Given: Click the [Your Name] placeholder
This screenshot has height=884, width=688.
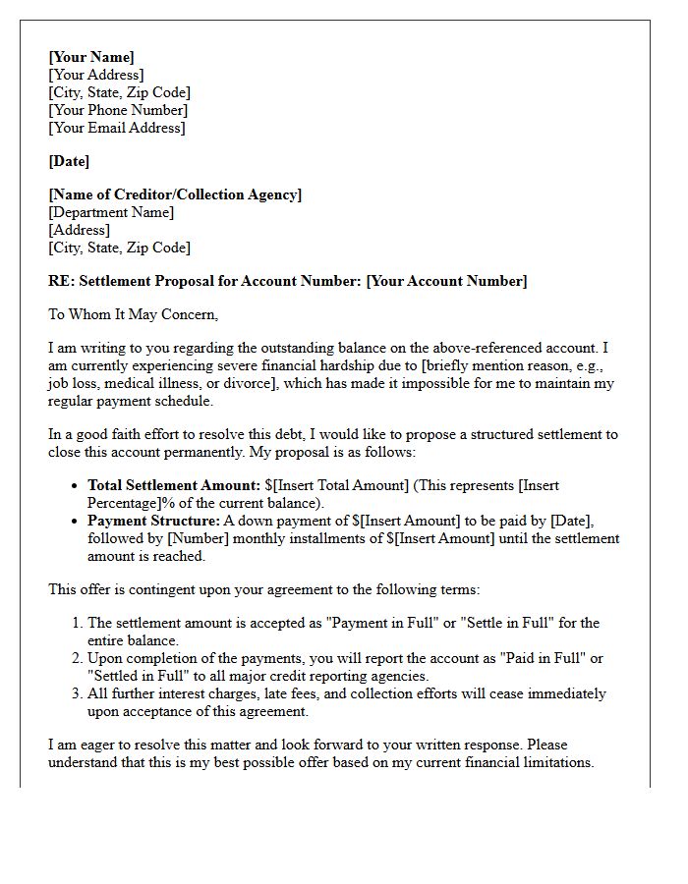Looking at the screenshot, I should (x=91, y=57).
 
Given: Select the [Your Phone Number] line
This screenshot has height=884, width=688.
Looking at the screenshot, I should (x=118, y=110).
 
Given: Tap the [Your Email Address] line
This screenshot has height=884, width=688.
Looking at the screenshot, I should (x=116, y=128).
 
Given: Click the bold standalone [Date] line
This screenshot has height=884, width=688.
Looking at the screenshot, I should (x=69, y=161).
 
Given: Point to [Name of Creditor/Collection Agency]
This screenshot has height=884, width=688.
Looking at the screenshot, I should (x=175, y=194).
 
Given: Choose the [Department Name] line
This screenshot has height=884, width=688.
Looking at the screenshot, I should (x=111, y=212).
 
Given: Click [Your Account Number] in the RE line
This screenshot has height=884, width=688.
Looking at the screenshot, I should (x=446, y=281).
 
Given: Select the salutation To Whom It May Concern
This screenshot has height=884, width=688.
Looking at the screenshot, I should (x=133, y=314).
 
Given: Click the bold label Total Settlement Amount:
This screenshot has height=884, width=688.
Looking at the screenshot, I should (x=174, y=485).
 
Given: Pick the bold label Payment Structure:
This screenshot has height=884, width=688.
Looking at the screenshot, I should (x=153, y=521).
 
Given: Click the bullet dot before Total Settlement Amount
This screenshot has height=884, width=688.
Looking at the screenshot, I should (x=76, y=486).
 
